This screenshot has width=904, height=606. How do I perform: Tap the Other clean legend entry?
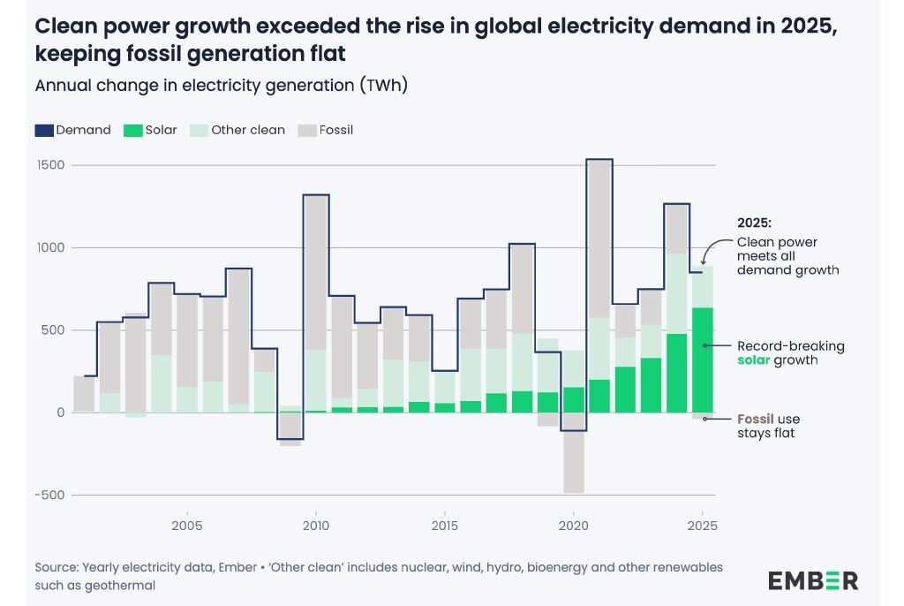[x=238, y=130]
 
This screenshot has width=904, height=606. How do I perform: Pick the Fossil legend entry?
[x=327, y=130]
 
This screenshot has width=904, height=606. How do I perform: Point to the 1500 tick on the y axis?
[x=50, y=166]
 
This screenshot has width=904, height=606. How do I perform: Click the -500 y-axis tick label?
[x=49, y=495]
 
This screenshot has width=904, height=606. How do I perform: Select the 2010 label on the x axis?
[x=315, y=526]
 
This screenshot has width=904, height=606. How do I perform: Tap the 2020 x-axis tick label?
[x=573, y=526]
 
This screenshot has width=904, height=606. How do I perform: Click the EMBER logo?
[x=812, y=580]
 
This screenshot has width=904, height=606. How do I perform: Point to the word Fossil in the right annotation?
[x=757, y=419]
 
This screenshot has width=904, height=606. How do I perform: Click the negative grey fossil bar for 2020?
[x=574, y=452]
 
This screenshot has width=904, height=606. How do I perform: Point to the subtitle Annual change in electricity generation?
[x=220, y=86]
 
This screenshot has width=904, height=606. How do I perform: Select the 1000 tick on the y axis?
[x=50, y=248]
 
